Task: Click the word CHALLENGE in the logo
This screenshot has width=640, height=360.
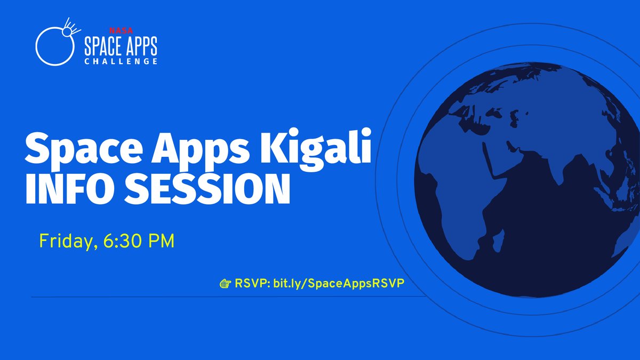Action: [x=121, y=62]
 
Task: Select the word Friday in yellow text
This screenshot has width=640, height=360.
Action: [x=59, y=241]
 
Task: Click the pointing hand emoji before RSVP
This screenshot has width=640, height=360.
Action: [x=225, y=283]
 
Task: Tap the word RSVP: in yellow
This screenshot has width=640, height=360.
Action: [x=252, y=283]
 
